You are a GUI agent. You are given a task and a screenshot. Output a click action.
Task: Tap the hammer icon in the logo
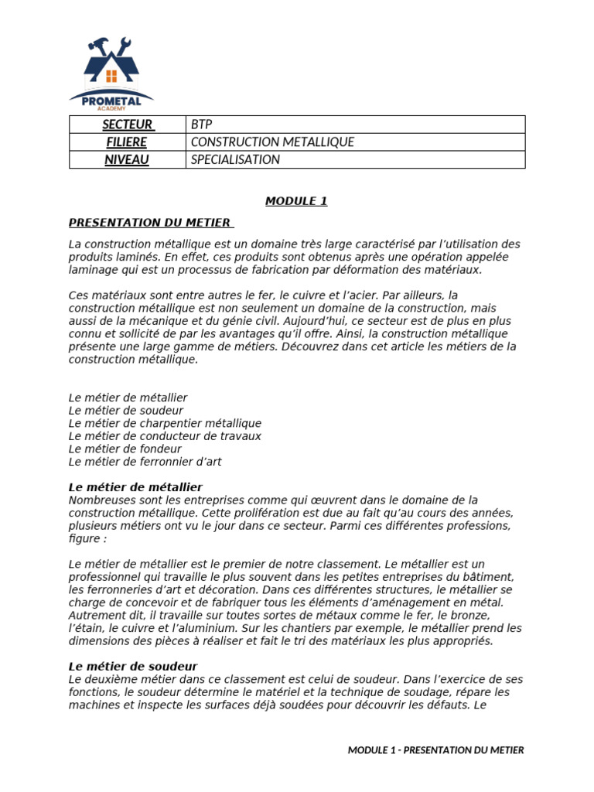[x=99, y=45]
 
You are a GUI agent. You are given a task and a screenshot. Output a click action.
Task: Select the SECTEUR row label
[x=128, y=125]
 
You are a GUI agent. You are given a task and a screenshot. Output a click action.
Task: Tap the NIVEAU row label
[x=128, y=160]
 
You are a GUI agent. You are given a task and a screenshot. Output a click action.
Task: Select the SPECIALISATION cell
[x=235, y=160]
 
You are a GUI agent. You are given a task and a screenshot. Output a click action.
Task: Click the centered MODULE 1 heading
[x=296, y=201]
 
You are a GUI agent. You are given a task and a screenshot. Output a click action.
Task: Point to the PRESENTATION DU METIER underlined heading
[x=149, y=223]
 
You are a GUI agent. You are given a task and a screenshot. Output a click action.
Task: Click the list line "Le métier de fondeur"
[x=125, y=449]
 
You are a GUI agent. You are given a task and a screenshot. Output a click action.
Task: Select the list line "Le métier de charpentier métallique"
[x=165, y=423]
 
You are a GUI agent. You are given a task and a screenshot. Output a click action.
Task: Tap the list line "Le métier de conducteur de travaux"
[x=165, y=436]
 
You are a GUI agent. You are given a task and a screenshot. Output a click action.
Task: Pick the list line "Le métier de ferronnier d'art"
[x=145, y=462]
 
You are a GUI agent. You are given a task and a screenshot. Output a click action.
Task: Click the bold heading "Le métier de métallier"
[x=135, y=487]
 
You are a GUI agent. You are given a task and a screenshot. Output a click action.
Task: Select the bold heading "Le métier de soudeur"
[x=133, y=666]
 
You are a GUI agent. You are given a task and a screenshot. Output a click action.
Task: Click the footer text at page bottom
[x=435, y=749]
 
